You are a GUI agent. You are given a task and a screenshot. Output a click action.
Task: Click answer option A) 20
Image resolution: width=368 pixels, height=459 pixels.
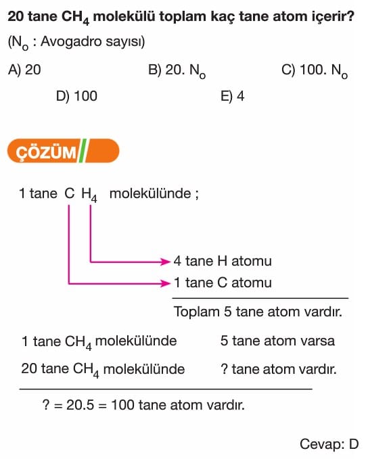24,70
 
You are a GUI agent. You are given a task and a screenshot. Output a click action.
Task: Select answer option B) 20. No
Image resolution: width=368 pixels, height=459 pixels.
177,71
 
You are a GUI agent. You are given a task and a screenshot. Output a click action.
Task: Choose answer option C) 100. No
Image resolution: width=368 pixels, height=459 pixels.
315,71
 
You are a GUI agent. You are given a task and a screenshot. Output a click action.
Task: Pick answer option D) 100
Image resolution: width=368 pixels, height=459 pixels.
76,96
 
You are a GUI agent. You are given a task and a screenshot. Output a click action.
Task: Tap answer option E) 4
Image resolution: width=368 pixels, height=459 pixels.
232,96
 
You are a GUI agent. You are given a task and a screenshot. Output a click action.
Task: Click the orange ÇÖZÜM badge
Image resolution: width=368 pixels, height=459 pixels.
64,151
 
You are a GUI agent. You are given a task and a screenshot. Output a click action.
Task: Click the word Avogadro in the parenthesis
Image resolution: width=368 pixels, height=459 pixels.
71,41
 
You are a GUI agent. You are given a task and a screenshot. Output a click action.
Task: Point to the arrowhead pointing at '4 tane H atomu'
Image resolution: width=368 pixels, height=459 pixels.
166,261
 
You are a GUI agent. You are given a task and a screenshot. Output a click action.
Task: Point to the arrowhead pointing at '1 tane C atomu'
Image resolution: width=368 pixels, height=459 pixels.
166,283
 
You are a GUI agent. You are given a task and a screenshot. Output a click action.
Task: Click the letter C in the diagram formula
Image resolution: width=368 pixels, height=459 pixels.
70,193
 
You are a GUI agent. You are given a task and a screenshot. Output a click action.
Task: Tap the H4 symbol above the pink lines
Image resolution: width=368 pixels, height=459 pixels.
89,195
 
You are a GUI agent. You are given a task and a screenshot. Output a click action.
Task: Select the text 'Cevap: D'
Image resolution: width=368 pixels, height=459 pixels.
329,444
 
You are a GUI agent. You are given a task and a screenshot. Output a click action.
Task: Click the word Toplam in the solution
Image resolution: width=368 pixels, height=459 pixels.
197,312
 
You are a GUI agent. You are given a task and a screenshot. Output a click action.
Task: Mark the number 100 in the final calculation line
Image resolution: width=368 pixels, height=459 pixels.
122,405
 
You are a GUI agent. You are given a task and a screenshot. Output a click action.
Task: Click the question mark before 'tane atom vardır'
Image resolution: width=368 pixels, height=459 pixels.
224,369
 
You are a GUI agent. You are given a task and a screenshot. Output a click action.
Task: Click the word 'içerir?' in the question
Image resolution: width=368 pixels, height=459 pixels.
332,17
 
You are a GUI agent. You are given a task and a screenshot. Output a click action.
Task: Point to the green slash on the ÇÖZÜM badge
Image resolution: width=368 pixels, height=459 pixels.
83,151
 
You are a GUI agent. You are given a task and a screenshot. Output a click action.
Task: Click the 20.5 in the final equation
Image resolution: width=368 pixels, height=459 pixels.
80,405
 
